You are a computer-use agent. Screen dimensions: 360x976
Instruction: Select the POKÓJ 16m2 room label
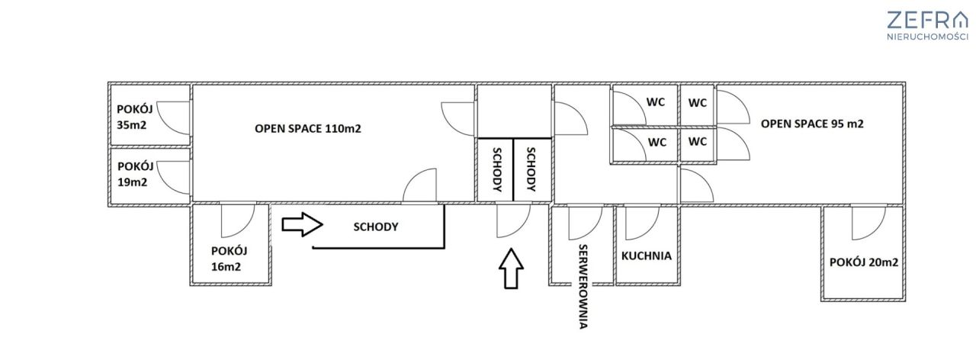230,258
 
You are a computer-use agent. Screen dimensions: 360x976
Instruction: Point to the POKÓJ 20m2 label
864,262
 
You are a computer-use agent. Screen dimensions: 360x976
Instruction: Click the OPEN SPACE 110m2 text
307,129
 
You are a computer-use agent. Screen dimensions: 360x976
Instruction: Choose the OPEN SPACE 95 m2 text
811,124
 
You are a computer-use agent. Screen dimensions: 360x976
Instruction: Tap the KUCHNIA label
646,256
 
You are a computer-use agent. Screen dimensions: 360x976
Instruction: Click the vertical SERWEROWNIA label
583,286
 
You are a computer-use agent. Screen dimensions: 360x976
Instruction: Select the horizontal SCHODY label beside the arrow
376,227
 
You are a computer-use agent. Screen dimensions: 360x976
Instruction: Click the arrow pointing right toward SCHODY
303,225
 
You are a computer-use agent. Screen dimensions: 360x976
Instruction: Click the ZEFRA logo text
926,20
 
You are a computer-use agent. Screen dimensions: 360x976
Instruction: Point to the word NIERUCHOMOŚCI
927,37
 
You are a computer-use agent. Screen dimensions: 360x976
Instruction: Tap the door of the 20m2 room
867,222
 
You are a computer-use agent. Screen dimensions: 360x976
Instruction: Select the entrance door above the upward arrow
512,221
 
